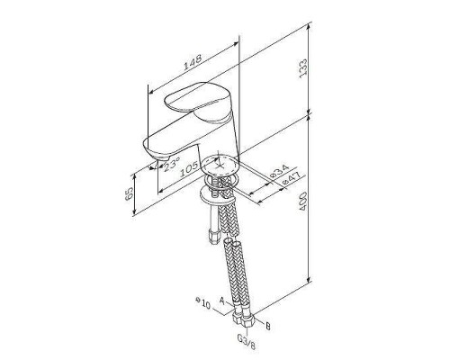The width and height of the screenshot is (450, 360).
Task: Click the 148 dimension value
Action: click(x=193, y=63)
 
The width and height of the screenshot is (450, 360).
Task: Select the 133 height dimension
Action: click(x=303, y=68)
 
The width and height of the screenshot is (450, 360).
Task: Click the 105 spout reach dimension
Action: click(x=190, y=169)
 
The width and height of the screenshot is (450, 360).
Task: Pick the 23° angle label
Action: click(x=172, y=164)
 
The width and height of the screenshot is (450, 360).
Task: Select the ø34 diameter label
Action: click(x=279, y=171)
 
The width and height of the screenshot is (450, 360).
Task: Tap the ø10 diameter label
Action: click(x=203, y=302)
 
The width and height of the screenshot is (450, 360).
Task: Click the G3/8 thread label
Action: click(x=247, y=342)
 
